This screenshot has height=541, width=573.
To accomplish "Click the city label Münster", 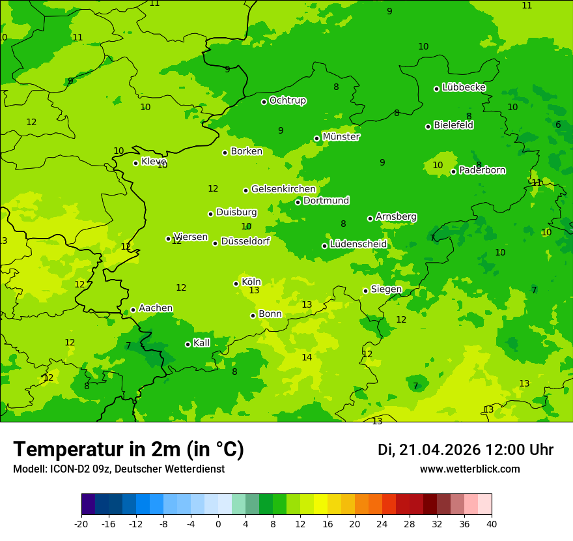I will [x=341, y=137].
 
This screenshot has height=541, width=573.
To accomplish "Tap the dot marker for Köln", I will [x=236, y=284].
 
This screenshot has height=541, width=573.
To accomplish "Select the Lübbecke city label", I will [x=464, y=87].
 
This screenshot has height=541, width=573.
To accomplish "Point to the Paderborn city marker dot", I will [x=454, y=171].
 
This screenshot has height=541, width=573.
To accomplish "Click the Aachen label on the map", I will [x=156, y=308].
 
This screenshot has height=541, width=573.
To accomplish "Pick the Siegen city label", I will [x=386, y=289].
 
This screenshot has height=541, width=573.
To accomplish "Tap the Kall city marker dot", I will [x=188, y=344].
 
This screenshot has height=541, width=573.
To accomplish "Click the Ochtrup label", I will [x=287, y=100].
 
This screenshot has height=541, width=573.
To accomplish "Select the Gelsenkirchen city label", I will [x=283, y=189].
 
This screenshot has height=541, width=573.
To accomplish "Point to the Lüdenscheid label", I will [x=358, y=244].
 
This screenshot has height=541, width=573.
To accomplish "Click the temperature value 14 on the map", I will [x=307, y=357].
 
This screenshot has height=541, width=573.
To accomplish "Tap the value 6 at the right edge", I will [x=558, y=124].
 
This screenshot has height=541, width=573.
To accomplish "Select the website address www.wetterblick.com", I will [x=469, y=469].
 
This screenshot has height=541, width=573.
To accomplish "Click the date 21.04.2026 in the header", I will [x=440, y=450].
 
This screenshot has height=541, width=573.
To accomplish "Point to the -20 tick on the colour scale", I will [x=81, y=523].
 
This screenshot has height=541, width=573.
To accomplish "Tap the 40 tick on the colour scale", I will [x=492, y=523].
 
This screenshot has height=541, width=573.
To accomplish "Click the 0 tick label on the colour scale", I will [x=218, y=523].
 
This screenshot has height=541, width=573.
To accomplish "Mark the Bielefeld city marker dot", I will [x=428, y=126].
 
